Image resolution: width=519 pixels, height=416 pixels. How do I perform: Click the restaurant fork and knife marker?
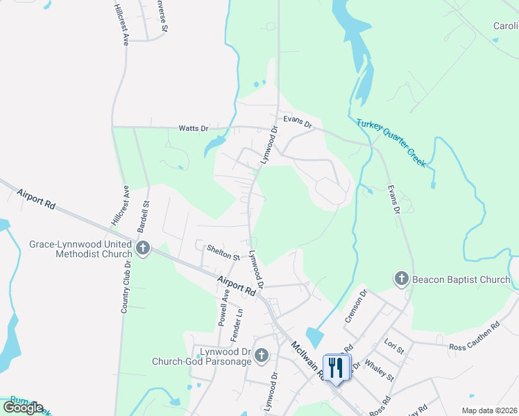pyautogui.click(x=337, y=367)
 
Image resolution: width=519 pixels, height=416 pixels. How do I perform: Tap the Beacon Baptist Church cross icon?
pyautogui.click(x=401, y=279)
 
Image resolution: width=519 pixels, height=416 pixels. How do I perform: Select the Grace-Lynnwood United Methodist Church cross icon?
pyautogui.click(x=143, y=248)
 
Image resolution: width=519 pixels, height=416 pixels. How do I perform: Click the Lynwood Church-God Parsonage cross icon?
pyautogui.click(x=261, y=356)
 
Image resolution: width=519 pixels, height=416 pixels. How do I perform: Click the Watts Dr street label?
pyautogui.click(x=194, y=128)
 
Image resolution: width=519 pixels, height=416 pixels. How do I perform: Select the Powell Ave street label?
pyautogui.click(x=223, y=308)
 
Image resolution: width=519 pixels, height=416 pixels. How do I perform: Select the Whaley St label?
pyautogui.click(x=379, y=368)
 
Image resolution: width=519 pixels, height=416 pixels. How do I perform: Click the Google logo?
pyautogui.click(x=24, y=407)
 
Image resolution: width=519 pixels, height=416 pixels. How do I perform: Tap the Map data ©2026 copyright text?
pyautogui.click(x=489, y=410)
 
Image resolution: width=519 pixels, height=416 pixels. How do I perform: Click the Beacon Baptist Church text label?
pyautogui.click(x=461, y=279)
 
